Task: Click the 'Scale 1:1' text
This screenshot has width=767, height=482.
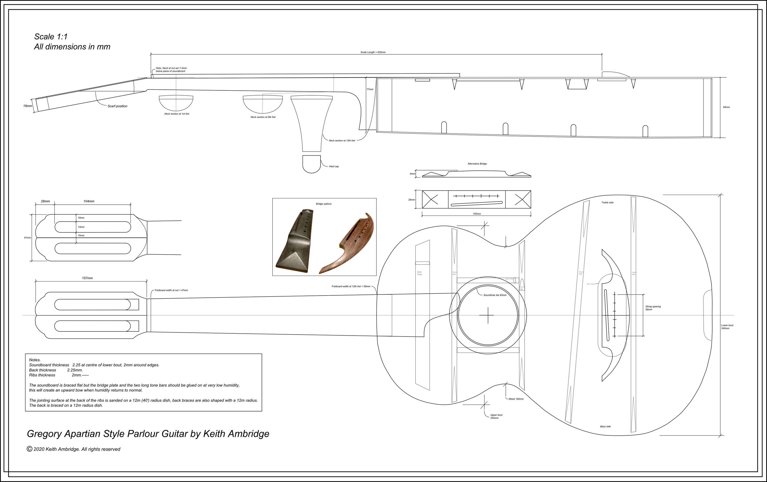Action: tap(51, 37)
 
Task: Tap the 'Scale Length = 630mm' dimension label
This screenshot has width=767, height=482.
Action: tap(373, 52)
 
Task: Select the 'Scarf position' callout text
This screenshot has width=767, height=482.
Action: tap(117, 106)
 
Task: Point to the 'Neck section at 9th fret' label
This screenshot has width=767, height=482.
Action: tap(263, 117)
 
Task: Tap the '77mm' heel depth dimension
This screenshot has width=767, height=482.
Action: tap(370, 89)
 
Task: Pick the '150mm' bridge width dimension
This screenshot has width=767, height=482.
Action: tap(477, 214)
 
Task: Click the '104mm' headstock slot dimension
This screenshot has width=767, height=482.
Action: tap(89, 201)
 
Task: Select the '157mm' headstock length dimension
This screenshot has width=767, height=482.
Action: tap(87, 278)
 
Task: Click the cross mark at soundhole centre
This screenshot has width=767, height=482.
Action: tap(488, 315)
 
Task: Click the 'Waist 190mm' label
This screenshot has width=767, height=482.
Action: tap(516, 399)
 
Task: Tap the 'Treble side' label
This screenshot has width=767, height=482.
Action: tap(607, 202)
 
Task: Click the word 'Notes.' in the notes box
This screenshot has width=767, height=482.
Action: tap(35, 360)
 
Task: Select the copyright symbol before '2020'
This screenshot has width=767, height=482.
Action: tap(29, 449)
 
